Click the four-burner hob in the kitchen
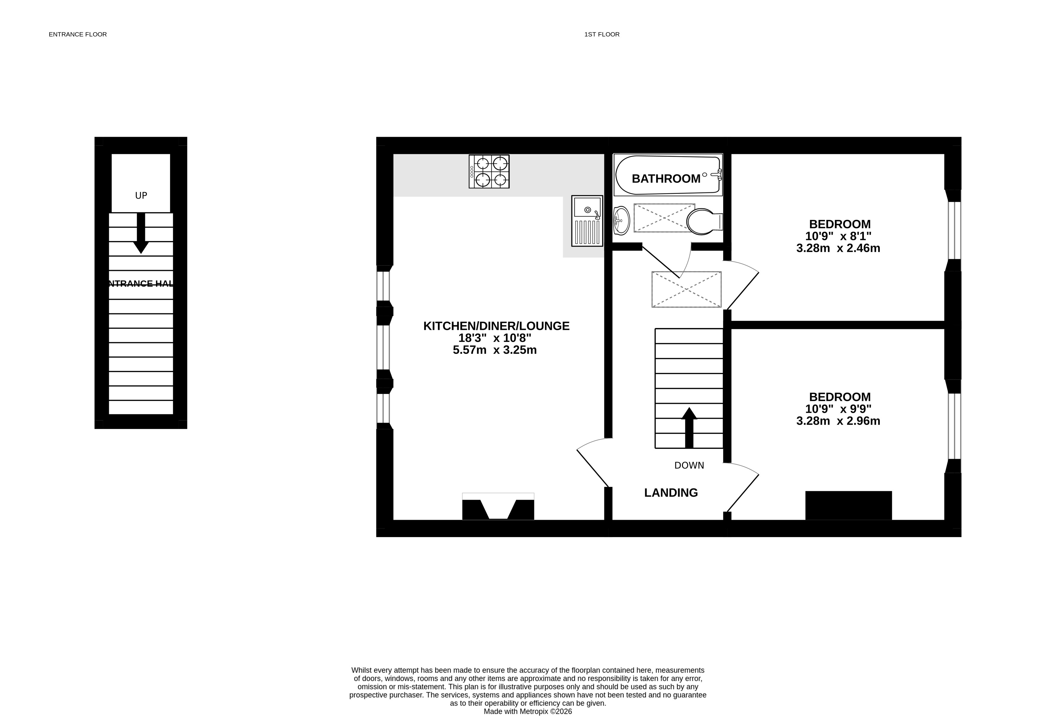[x=489, y=171]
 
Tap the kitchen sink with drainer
[x=587, y=221]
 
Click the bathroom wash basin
[x=621, y=220]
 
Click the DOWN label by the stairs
[x=689, y=465]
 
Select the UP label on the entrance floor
[x=141, y=195]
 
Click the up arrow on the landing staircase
[x=689, y=428]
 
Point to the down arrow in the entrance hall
[x=141, y=233]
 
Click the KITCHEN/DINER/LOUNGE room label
[x=496, y=326]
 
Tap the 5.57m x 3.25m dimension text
[x=495, y=350]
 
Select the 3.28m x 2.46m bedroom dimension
[x=838, y=248]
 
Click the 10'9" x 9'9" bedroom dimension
[x=838, y=409]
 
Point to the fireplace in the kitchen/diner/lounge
[x=498, y=506]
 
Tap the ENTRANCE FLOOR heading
[x=78, y=34]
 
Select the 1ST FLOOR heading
[x=602, y=34]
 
